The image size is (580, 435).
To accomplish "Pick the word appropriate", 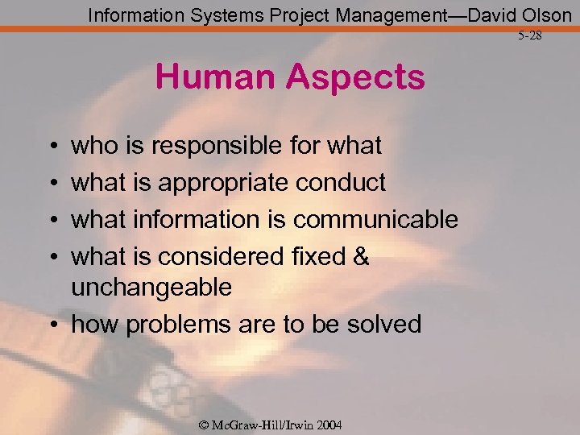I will [224, 183].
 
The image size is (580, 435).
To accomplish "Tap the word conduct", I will [341, 183].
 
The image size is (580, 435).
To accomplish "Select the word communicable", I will [375, 219].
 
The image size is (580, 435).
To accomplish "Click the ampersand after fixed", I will [361, 257].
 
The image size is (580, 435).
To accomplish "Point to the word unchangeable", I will [151, 287].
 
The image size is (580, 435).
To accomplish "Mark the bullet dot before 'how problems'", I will [52, 325].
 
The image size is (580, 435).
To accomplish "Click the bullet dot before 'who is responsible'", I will [52, 147].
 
